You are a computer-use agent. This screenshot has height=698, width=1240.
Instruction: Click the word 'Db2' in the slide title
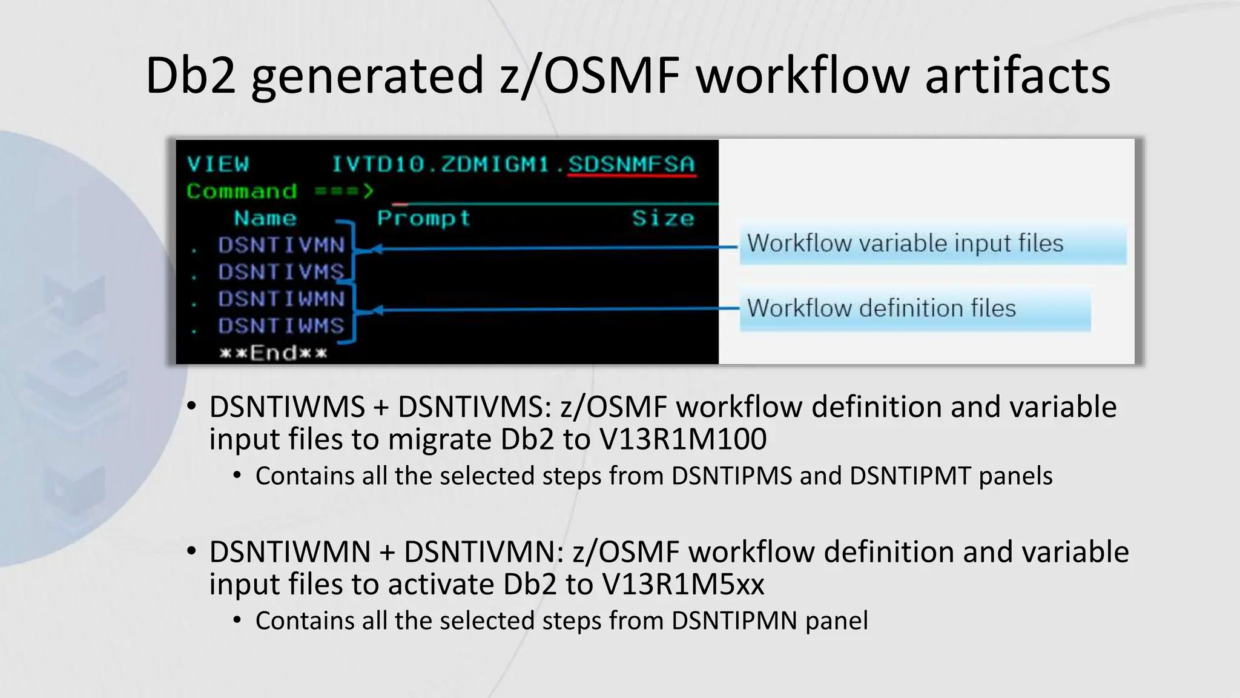click(190, 75)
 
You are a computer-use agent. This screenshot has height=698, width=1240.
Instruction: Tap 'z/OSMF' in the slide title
click(590, 75)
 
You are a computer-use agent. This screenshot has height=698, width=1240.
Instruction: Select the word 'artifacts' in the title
click(1017, 75)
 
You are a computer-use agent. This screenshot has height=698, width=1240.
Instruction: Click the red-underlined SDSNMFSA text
click(632, 164)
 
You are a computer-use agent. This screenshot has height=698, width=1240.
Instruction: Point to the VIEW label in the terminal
click(218, 164)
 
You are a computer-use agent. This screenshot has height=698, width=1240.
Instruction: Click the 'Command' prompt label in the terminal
click(242, 191)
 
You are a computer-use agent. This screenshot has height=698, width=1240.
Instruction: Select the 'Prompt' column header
click(423, 218)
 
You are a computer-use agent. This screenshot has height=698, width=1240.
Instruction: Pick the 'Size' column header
click(663, 218)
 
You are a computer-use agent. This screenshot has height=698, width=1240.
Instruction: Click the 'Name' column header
click(265, 218)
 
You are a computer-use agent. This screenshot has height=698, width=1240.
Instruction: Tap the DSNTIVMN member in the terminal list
click(282, 245)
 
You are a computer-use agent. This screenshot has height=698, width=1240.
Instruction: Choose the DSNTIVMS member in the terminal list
click(282, 272)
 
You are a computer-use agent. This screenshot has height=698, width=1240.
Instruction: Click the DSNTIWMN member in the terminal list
click(282, 299)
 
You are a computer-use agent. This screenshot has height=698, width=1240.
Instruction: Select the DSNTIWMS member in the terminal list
click(282, 326)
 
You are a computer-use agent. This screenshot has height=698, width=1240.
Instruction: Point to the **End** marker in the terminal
click(273, 353)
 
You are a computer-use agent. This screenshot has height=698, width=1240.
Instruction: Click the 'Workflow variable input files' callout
click(905, 244)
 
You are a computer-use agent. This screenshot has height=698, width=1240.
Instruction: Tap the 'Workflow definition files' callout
click(882, 308)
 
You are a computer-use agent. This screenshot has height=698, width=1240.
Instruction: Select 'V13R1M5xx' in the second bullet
click(683, 585)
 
